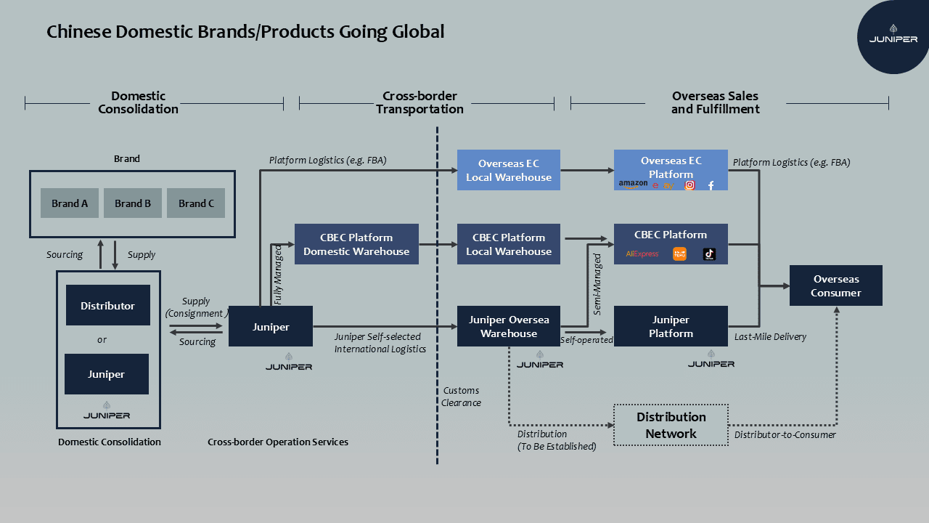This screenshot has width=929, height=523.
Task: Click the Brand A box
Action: point(70,203)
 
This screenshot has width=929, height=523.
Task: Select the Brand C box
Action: point(196,203)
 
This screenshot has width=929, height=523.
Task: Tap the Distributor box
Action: point(107,305)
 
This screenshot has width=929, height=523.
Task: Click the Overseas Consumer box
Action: point(836,285)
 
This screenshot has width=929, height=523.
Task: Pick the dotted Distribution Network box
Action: point(671,425)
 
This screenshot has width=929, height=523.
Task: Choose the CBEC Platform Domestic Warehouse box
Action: point(356,244)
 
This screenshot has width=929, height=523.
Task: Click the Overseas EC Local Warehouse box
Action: point(509,170)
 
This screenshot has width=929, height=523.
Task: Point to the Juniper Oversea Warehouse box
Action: point(509,326)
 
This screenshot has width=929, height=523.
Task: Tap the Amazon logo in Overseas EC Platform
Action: point(633,185)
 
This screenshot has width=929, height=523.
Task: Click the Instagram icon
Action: point(690,185)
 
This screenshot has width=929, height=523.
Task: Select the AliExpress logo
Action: point(642,254)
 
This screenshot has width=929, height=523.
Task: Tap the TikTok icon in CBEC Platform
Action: point(709,254)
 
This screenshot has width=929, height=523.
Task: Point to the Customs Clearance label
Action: point(462,397)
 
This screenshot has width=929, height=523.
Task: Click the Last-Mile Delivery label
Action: point(770,337)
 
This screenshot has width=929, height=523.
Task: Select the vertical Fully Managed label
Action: point(279,274)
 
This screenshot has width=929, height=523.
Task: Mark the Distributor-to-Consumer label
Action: point(785,435)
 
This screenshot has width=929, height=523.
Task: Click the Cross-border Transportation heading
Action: point(420,102)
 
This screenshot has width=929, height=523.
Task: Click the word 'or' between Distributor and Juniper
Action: point(102,339)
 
